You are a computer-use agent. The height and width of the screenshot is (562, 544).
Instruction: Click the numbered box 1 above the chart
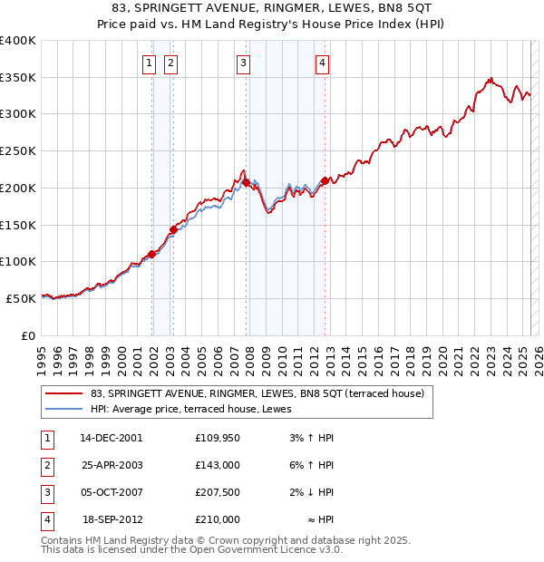pos(151,63)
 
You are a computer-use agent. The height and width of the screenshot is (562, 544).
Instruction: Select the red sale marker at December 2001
pos(151,254)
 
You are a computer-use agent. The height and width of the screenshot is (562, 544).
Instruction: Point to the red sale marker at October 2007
pos(246,182)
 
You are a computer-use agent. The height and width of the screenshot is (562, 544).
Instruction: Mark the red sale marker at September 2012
pos(325,180)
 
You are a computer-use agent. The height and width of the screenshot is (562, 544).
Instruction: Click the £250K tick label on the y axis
pos(18,150)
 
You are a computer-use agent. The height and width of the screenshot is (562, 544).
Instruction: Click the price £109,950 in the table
pos(218,437)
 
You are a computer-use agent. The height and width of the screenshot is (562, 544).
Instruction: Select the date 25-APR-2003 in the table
pos(112,465)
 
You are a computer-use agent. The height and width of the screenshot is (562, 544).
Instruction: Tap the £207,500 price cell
pos(218,492)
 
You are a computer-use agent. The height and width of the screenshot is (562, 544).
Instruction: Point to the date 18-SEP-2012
pos(112,520)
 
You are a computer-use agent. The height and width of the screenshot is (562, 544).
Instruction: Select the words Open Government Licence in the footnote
pos(266,549)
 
